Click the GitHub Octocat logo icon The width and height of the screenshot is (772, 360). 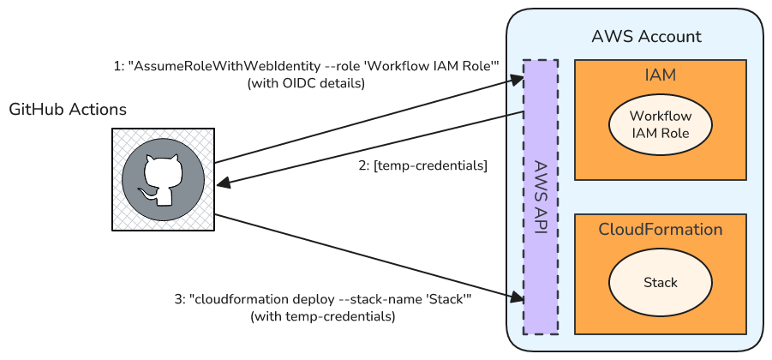point(163,179)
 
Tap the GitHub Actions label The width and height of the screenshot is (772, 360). point(68,110)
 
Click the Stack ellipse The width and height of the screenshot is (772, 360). point(660,282)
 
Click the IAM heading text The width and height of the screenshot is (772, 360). point(660,75)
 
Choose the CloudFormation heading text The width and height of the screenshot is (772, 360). point(660,230)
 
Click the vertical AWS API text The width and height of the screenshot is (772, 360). point(541,197)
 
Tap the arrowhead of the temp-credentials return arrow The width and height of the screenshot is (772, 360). point(221,183)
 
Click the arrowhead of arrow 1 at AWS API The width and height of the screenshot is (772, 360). point(518,79)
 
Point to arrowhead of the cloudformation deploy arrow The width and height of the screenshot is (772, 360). point(518,297)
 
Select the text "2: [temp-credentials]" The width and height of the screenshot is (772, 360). point(422,166)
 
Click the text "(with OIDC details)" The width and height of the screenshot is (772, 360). point(306,83)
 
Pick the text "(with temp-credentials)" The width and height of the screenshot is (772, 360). point(322,316)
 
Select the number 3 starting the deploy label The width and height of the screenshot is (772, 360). point(178,300)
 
